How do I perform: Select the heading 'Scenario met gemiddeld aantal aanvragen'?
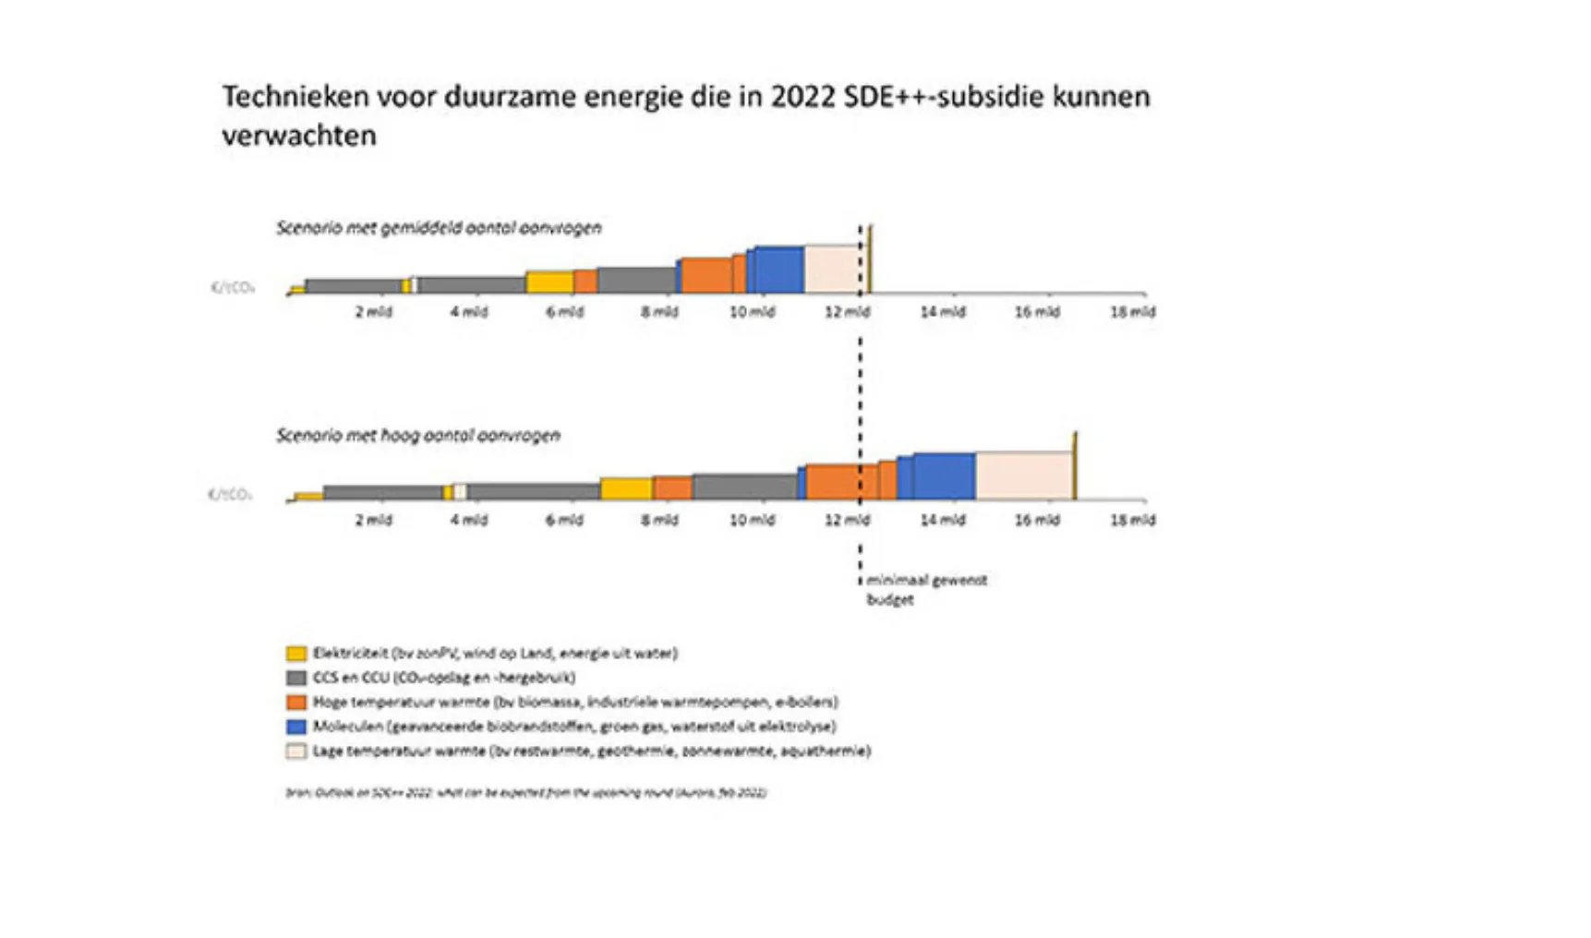point(439,228)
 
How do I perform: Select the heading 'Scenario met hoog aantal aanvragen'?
point(418,435)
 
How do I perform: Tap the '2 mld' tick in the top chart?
point(373,312)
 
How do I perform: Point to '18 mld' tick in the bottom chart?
point(1132,520)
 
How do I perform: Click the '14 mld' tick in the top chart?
point(942,312)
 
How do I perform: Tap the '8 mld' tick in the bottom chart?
point(659,520)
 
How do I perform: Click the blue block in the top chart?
point(779,270)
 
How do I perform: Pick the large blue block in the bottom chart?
point(944,476)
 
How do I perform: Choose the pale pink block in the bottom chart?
point(1023,475)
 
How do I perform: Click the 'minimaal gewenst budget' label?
point(925,589)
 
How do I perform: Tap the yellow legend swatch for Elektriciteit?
point(296,654)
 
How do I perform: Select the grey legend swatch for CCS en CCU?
point(296,678)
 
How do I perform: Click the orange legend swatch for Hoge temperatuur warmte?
point(296,703)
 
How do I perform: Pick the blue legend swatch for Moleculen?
point(296,727)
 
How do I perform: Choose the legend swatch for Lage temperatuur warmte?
point(296,752)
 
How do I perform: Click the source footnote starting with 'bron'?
point(526,792)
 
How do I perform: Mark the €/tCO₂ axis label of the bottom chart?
point(231,495)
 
